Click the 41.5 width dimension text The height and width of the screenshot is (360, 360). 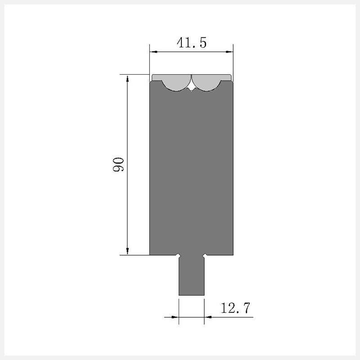[192, 43]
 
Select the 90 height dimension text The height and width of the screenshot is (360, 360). [118, 164]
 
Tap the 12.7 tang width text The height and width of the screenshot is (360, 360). [235, 308]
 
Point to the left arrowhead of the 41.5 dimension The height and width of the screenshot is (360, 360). [153, 52]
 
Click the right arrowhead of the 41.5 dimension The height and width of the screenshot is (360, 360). [229, 52]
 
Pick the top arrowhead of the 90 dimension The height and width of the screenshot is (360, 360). [127, 79]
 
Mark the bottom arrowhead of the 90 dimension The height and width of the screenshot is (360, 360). [127, 251]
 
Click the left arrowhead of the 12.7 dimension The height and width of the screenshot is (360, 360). [175, 317]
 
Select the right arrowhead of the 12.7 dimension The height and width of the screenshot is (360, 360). [208, 317]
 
